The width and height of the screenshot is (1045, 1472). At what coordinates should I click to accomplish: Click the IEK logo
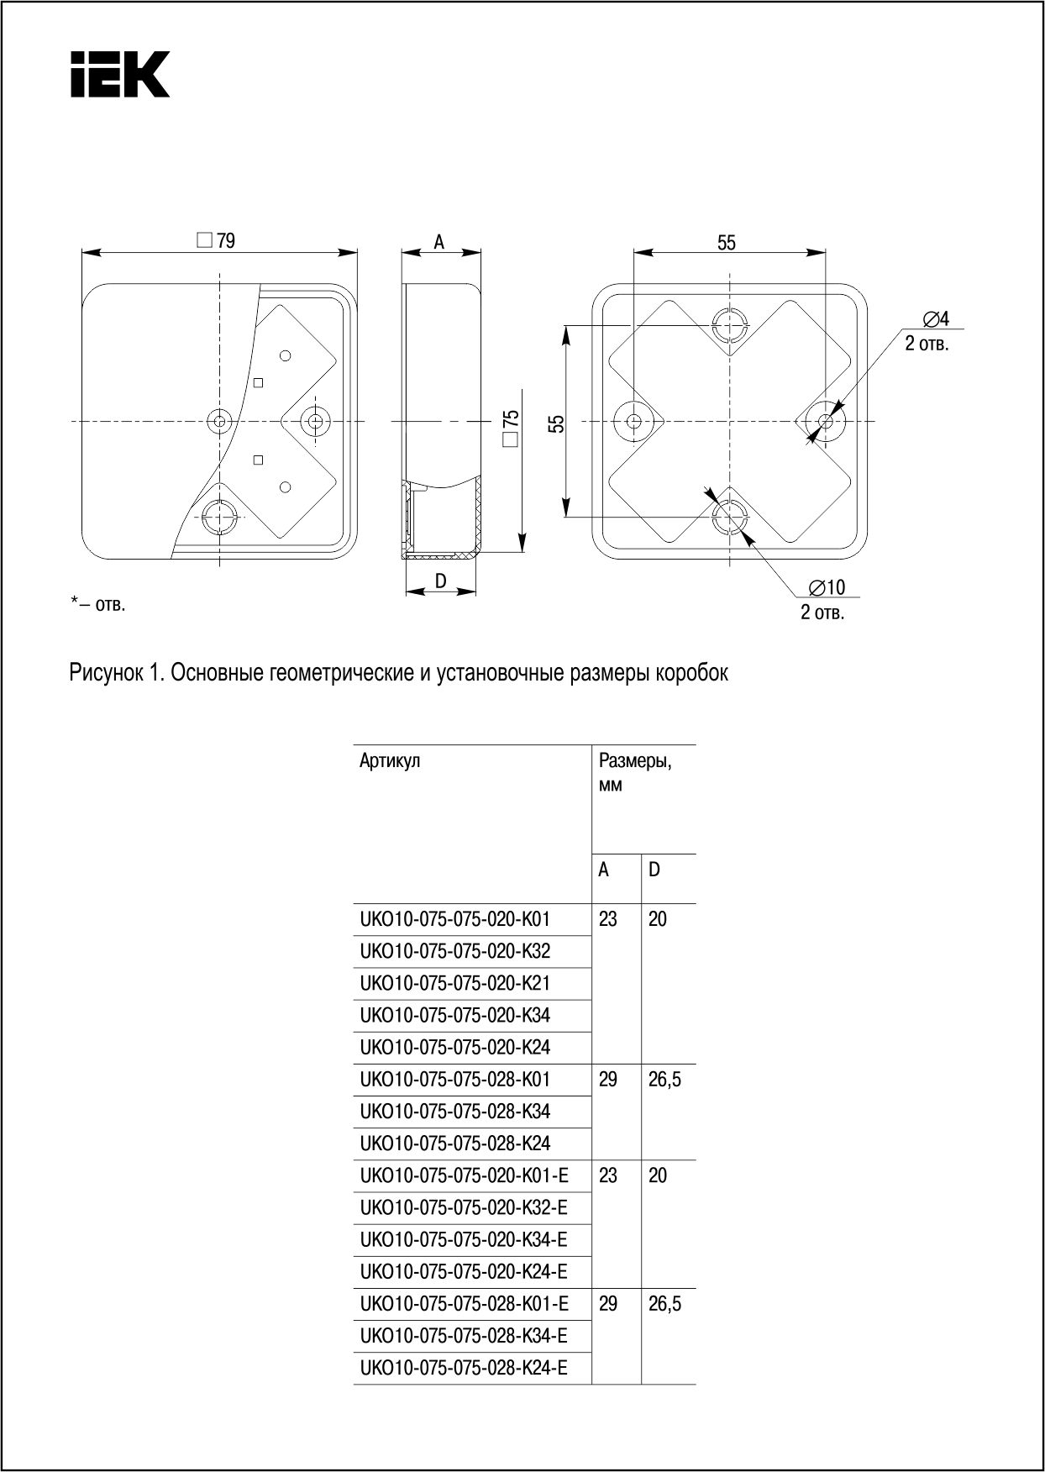point(119,74)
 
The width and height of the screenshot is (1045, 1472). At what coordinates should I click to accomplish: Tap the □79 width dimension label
point(217,241)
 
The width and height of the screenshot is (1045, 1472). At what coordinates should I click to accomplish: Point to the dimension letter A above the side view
point(438,242)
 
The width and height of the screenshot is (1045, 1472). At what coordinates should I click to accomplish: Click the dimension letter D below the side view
point(440,581)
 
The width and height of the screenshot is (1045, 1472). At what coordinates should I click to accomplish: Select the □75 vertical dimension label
point(511,429)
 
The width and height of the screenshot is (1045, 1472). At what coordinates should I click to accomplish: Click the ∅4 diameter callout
point(935,319)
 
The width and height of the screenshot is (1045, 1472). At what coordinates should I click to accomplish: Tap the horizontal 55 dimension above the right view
point(727,243)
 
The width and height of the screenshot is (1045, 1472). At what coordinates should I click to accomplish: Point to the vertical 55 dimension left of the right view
point(555,423)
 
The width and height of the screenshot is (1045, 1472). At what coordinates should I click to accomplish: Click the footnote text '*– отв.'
point(98,603)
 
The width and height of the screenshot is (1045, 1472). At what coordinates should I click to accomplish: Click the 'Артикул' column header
point(390,761)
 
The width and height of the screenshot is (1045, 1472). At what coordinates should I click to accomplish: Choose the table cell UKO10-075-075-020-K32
point(455,951)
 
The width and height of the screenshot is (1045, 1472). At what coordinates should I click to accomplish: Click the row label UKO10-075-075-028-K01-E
point(464,1303)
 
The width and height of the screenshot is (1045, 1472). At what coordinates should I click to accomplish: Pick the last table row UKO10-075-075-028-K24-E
point(464,1368)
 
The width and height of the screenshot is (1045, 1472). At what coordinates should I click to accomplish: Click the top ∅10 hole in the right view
point(729,325)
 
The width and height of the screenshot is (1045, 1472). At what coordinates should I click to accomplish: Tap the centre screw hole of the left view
point(220,420)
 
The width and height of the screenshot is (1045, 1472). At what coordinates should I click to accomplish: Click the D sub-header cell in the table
point(654,870)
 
